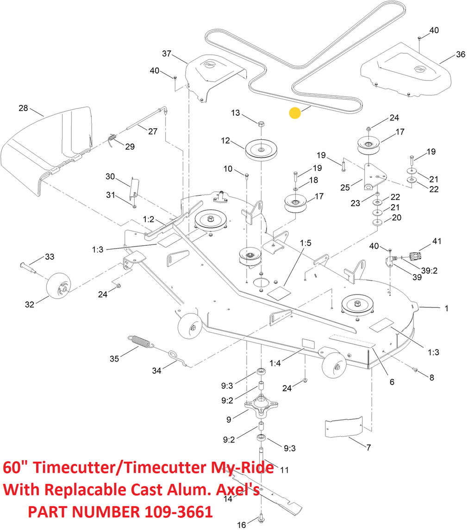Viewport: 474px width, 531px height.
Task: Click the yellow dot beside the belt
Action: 295,113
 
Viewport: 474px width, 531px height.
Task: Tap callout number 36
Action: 461,54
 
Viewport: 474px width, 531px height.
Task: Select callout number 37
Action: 167,54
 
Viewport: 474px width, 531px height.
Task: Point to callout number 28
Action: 23,108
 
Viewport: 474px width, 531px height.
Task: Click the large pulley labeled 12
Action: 262,150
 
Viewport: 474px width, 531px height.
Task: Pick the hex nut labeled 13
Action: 261,124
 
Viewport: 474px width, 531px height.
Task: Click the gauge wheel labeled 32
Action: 59,286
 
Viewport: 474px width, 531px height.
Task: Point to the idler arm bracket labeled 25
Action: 374,177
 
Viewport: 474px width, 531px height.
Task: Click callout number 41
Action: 437,241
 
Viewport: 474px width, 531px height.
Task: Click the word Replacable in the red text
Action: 87,490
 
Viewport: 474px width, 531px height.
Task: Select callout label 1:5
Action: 306,243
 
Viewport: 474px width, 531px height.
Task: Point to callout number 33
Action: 50,256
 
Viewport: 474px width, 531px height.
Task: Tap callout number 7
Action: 369,447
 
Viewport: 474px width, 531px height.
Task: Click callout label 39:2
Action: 429,270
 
